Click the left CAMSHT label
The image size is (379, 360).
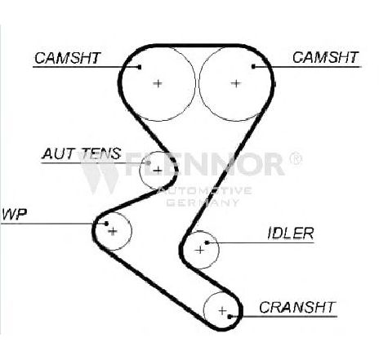68,58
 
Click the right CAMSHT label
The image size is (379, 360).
325,57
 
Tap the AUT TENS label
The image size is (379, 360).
81,153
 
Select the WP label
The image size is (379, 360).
14,215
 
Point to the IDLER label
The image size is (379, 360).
291,233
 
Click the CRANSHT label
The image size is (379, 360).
297,308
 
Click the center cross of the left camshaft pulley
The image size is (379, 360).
158,83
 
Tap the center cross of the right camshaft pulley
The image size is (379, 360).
236,83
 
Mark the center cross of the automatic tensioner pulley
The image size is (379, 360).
158,171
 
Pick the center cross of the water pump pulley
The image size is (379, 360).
113,231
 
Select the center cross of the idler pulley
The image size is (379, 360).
200,250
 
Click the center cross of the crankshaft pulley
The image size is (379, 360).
223,310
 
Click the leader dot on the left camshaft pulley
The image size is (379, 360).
140,67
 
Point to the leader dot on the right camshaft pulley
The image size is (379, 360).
253,66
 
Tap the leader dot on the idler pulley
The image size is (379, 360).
207,242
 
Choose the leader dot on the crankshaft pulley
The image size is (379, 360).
230,317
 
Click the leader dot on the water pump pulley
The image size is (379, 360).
106,224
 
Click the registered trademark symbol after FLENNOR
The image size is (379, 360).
296,158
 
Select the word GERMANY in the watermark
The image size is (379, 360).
203,202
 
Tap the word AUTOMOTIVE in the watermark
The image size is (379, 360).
205,190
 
